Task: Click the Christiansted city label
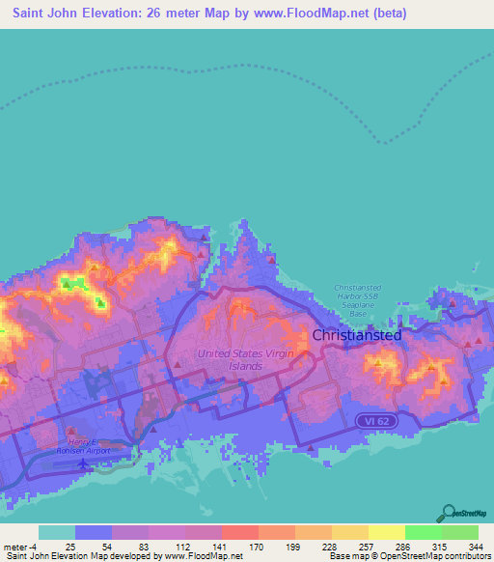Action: (357, 334)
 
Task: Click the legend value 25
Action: (70, 546)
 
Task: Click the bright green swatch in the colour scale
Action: (423, 532)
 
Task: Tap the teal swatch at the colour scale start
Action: (57, 532)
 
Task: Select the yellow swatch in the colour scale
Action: (386, 532)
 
